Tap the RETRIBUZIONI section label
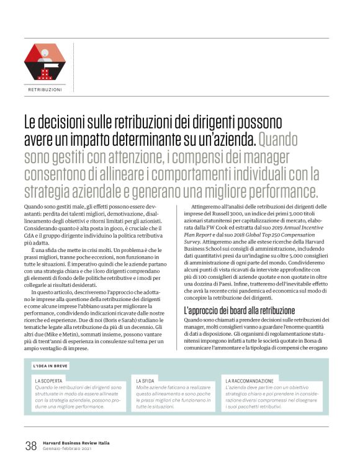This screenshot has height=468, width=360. coord(45,89)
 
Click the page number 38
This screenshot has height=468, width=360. coord(30,444)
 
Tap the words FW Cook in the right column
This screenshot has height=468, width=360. coord(220,228)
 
